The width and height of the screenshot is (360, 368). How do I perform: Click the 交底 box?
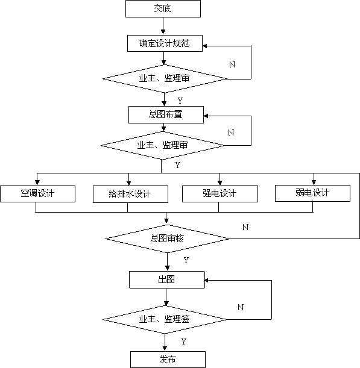[163, 8]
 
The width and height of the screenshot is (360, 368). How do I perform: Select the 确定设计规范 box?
[165, 43]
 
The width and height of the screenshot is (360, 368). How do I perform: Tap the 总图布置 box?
[166, 115]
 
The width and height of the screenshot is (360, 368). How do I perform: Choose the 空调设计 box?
[37, 194]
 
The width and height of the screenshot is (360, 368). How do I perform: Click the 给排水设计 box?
[130, 195]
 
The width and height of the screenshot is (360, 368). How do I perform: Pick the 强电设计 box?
[220, 193]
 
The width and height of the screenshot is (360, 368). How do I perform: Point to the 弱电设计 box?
[312, 193]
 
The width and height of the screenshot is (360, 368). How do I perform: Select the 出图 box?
[167, 279]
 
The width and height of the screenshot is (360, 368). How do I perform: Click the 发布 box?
[168, 360]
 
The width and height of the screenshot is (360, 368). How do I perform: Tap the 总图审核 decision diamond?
[167, 239]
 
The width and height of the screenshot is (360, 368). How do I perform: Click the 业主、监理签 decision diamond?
[165, 319]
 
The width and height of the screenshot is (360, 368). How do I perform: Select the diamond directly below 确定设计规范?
[165, 79]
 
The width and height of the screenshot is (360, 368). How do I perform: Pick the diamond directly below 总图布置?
[162, 146]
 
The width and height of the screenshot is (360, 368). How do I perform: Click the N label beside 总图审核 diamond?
[245, 227]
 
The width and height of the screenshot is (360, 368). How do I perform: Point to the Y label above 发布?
[184, 341]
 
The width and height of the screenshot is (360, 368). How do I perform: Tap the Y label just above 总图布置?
[180, 101]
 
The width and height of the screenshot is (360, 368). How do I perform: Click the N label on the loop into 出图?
[241, 307]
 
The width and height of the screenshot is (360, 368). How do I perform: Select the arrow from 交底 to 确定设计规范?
[163, 26]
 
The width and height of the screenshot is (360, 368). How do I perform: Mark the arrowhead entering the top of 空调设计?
[37, 182]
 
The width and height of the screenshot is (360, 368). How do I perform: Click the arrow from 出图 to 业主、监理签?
[166, 297]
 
